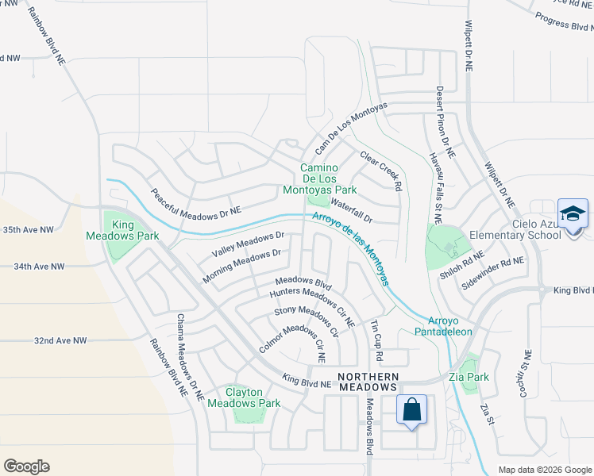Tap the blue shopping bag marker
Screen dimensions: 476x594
(411, 410)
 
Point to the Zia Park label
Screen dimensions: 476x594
(469, 377)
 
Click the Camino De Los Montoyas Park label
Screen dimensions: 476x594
(320, 179)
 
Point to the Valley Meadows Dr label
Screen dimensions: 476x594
(248, 244)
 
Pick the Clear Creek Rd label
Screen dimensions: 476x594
(382, 171)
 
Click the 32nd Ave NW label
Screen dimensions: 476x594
(60, 340)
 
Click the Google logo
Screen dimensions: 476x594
(26, 466)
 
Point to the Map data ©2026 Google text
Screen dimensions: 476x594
(544, 469)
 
